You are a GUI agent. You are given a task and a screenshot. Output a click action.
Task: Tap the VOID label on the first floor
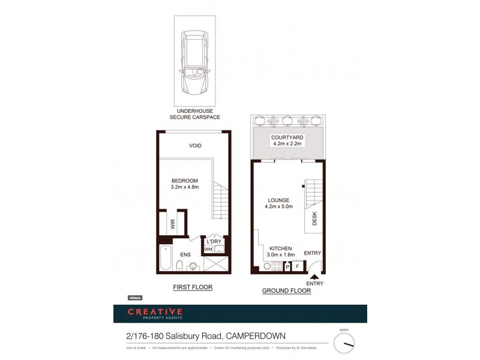[195, 146]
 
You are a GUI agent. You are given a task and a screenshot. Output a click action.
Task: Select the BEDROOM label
[184, 181]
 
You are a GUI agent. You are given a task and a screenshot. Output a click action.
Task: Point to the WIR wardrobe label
[173, 224]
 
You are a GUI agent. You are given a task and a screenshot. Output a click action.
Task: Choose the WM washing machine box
[208, 249]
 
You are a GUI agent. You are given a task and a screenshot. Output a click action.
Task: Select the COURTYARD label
[287, 137]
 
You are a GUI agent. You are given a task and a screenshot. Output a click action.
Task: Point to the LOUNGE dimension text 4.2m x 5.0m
[279, 207]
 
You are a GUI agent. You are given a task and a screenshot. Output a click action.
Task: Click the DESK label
[314, 220]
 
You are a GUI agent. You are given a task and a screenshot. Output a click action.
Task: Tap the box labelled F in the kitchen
[297, 266]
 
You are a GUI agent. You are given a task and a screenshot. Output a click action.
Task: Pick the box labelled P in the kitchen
[287, 266]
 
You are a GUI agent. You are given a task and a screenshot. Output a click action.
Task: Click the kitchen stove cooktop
[277, 265]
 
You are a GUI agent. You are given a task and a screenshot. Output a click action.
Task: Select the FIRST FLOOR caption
[193, 287]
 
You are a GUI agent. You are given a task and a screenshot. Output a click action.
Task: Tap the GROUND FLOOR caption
[286, 291]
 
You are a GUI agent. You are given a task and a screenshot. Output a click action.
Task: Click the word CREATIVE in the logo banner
[155, 311]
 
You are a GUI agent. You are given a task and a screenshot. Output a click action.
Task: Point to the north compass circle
[344, 343]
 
